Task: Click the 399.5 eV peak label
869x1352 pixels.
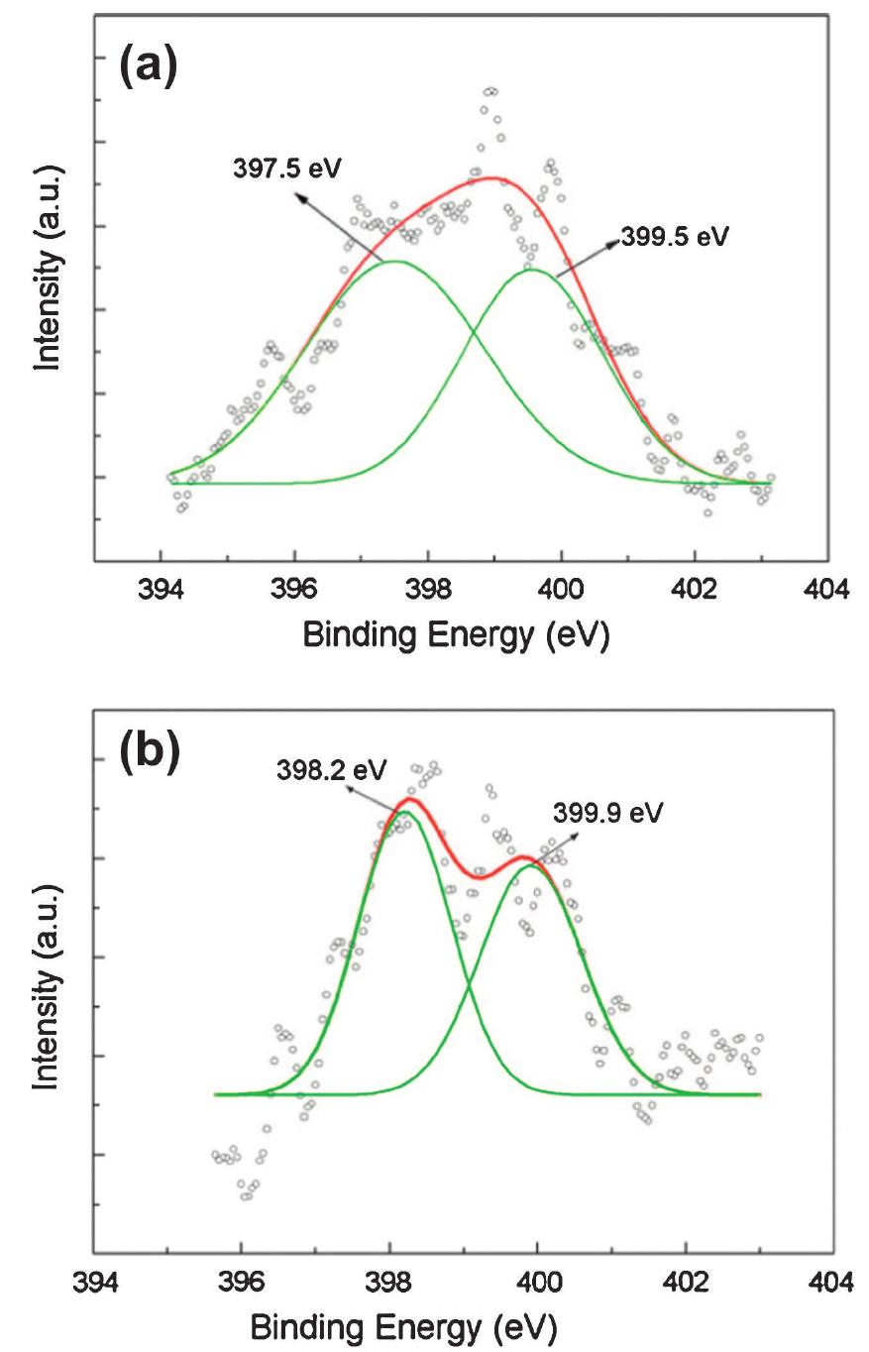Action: tap(674, 238)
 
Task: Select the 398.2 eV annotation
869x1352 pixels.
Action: tap(332, 770)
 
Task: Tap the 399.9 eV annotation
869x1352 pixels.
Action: tap(608, 813)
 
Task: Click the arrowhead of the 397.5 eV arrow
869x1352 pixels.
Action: tap(301, 195)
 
